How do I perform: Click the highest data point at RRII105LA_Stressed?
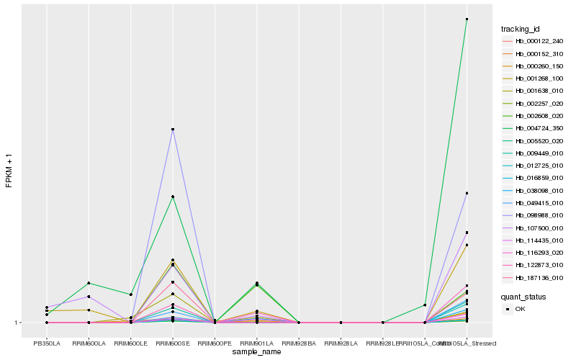pos(467,19)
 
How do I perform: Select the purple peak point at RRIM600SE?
pos(173,129)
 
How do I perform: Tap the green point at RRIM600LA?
pos(89,283)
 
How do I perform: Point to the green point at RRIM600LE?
pos(130,294)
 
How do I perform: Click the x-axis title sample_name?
pos(256,352)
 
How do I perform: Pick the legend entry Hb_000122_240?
pos(534,41)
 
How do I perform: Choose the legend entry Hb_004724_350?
pos(534,127)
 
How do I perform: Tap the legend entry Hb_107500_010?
pos(534,228)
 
